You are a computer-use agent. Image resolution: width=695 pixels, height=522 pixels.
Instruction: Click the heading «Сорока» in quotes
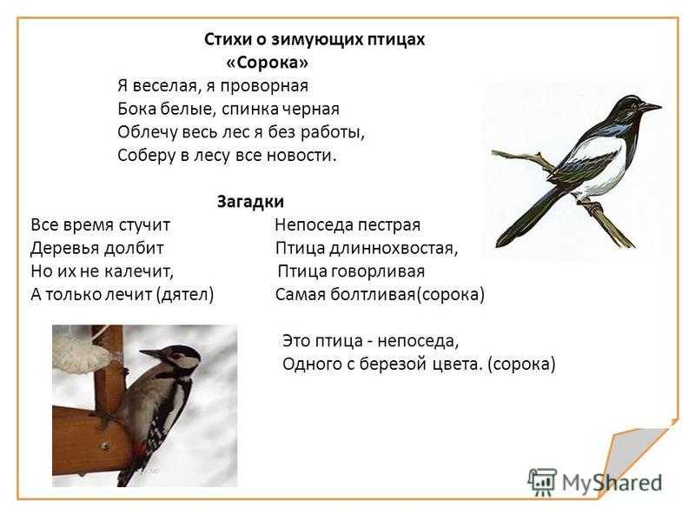267,63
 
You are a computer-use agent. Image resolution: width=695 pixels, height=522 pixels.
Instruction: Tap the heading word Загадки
250,202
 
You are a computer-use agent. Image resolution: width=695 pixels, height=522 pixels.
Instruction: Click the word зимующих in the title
315,39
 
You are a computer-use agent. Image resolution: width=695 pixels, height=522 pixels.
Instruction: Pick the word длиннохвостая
394,248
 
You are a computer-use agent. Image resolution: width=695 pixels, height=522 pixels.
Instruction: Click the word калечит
139,271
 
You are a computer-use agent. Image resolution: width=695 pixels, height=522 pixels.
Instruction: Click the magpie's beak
650,107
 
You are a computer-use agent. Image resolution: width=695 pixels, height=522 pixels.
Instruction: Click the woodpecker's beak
153,353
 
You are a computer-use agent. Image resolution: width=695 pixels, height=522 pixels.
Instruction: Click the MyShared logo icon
541,482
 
